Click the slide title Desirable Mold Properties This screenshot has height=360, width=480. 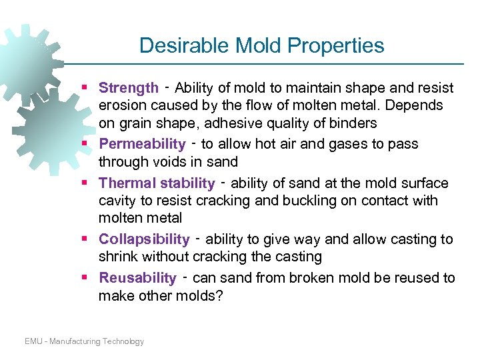261,45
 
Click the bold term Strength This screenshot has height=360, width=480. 128,88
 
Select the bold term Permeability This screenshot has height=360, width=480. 142,144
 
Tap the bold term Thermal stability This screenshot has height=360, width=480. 157,183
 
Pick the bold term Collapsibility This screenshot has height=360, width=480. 144,239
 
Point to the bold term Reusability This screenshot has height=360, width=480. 137,278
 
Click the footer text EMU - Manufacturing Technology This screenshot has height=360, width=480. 84,341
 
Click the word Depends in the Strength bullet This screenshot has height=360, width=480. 418,105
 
